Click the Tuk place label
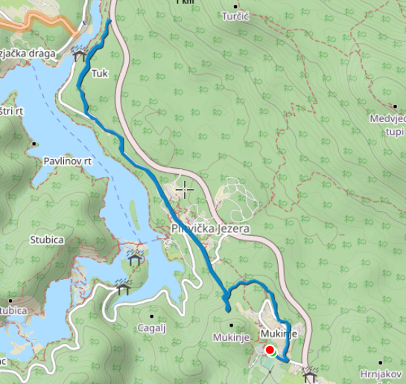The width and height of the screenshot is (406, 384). [x=99, y=74]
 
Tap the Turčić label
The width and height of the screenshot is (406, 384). [x=241, y=16]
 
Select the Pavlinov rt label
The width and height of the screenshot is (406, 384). [x=67, y=160]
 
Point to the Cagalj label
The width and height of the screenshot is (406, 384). [x=151, y=327]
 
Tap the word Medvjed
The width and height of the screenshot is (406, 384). [x=387, y=119]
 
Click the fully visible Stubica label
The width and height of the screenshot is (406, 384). [x=47, y=240]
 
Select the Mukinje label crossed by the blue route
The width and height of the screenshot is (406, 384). [x=280, y=334]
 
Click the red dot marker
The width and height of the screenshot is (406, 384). [x=270, y=351]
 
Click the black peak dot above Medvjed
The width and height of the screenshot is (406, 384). [x=395, y=106]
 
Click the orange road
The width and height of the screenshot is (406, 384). [x=45, y=23]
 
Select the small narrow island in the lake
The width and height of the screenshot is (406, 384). [x=134, y=217]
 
